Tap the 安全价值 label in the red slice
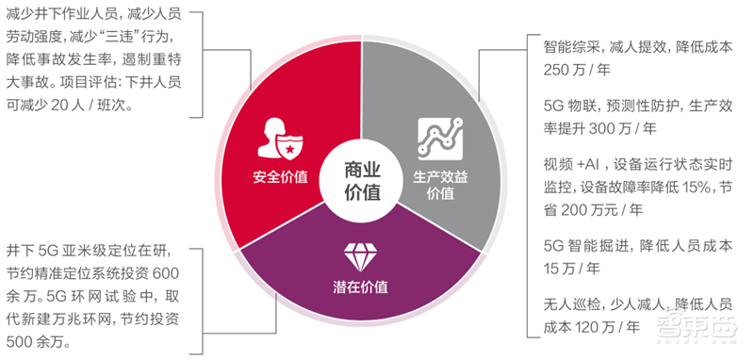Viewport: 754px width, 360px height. pyautogui.click(x=280, y=176)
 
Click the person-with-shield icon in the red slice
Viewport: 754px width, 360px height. pyautogui.click(x=279, y=139)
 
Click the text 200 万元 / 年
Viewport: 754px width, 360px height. pyautogui.click(x=595, y=208)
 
